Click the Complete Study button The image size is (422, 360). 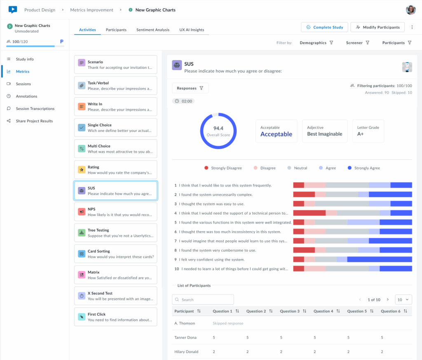click(324, 27)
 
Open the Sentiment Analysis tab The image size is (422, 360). click(153, 30)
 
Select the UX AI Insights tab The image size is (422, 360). click(192, 30)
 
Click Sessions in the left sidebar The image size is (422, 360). click(23, 84)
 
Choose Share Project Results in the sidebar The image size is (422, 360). click(34, 121)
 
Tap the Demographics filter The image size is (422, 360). click(316, 43)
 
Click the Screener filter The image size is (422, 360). click(357, 43)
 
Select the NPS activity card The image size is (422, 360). click(115, 212)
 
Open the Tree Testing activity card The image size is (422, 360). click(115, 233)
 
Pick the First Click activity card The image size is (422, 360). click(115, 317)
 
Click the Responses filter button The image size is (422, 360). click(190, 88)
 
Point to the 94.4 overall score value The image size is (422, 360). click(218, 129)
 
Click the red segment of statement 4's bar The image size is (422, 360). click(309, 213)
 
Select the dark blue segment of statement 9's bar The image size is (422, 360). click(379, 259)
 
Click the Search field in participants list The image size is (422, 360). click(203, 299)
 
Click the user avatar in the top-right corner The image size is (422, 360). click(410, 10)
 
